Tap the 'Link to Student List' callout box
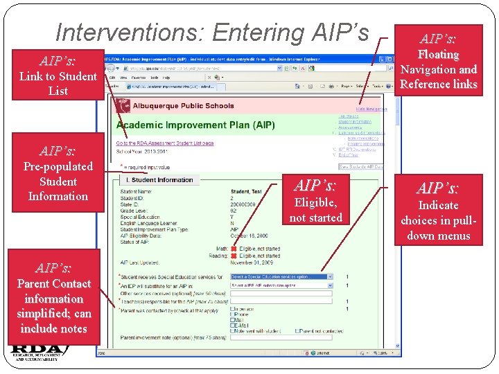pyautogui.click(x=58, y=75)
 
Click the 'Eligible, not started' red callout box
pyautogui.click(x=315, y=202)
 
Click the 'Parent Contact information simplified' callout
pyautogui.click(x=53, y=299)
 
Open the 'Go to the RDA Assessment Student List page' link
pyautogui.click(x=164, y=143)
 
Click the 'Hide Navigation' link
pyautogui.click(x=371, y=109)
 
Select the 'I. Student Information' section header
pyautogui.click(x=159, y=180)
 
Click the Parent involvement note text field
pyautogui.click(x=281, y=338)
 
